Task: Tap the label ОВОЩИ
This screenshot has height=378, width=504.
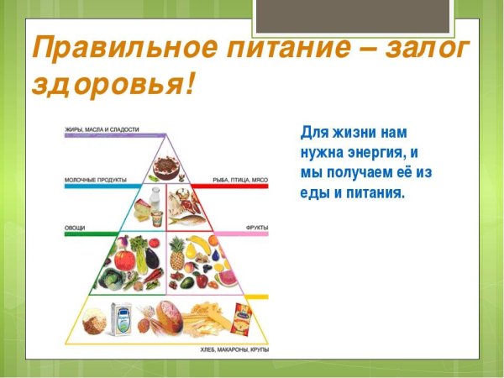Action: click(x=75, y=228)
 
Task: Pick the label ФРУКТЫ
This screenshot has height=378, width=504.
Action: click(x=255, y=228)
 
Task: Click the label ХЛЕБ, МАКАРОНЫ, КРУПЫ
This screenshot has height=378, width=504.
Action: click(x=233, y=348)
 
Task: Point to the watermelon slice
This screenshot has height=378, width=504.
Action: click(x=224, y=278)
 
